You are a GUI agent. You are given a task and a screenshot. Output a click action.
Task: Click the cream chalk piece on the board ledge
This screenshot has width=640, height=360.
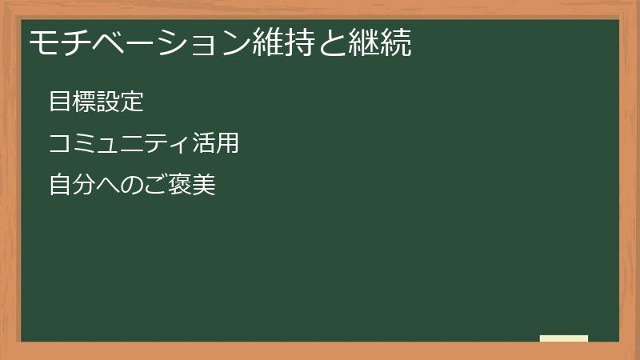click(x=564, y=338)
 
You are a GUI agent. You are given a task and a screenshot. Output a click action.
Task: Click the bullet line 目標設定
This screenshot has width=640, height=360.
click(x=96, y=102)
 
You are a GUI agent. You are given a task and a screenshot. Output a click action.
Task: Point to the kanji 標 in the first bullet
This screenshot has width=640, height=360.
click(x=84, y=102)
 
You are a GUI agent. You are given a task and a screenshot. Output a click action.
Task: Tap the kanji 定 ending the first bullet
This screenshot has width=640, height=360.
click(x=132, y=102)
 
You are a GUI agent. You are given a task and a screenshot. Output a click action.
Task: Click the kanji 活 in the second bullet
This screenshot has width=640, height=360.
click(x=204, y=144)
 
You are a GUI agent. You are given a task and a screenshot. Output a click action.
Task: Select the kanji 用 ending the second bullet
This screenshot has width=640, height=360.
click(x=228, y=144)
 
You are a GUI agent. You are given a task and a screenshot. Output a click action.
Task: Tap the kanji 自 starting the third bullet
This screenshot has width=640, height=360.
click(x=60, y=186)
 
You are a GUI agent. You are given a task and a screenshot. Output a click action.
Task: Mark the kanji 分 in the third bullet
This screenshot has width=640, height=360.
click(x=84, y=186)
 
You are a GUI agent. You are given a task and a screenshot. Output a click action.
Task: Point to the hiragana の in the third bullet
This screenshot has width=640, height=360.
click(x=132, y=186)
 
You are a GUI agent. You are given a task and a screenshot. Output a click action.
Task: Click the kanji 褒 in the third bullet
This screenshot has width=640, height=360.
click(x=180, y=186)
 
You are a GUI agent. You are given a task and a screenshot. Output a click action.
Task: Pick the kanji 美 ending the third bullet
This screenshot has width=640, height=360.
click(x=204, y=186)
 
